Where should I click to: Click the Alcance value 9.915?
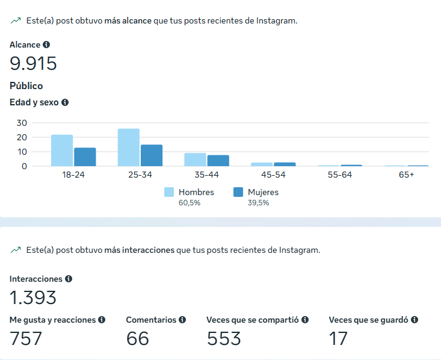point(34,63)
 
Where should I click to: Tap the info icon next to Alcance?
point(46,45)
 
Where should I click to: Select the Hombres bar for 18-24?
point(62,151)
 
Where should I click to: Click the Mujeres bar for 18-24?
point(85,157)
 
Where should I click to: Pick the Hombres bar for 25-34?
point(129,147)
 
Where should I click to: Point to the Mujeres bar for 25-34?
point(152,155)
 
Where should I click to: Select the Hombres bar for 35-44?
point(196,160)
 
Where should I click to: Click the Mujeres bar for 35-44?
point(218,160)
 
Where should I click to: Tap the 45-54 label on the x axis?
point(273,175)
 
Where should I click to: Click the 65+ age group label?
point(407,175)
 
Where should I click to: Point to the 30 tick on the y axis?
point(22,122)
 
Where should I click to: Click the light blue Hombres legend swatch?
point(169,192)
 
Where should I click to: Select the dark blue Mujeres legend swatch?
point(238,192)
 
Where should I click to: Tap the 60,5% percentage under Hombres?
point(190,203)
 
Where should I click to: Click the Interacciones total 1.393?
point(34,297)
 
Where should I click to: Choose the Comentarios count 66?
point(138,338)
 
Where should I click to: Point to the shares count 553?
point(224,338)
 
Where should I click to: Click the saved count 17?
point(338,338)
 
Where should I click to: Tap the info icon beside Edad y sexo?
point(65,102)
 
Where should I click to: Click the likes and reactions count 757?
point(26,338)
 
